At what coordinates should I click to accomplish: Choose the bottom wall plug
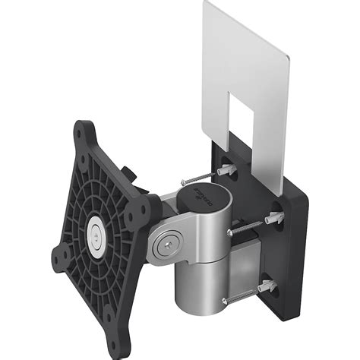[x=267, y=285]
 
